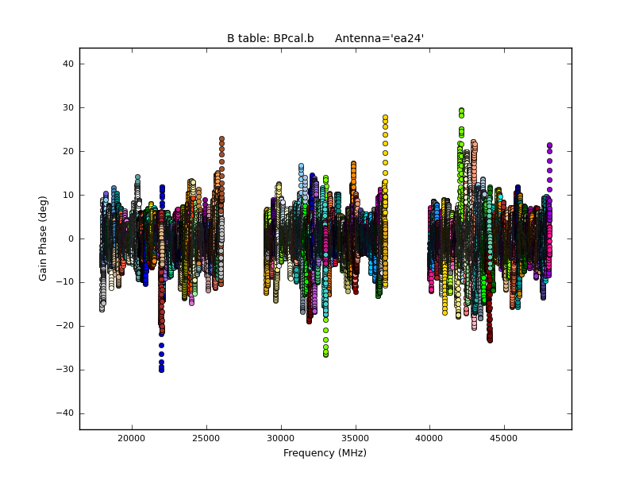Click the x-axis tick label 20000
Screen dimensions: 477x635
click(132, 438)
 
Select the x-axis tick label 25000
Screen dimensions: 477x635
click(206, 438)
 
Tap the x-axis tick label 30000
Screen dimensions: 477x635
click(281, 438)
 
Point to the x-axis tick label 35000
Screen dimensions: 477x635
click(355, 438)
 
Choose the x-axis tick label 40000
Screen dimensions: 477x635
click(429, 438)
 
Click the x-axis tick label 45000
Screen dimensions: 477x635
click(504, 438)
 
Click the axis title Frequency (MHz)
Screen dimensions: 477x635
click(325, 453)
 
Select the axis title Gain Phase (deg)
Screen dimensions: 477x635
click(44, 238)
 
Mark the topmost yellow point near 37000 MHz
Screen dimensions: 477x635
click(385, 118)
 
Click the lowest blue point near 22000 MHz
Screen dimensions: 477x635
click(161, 370)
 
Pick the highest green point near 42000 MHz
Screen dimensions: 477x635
click(461, 111)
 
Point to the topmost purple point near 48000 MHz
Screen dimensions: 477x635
click(549, 145)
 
